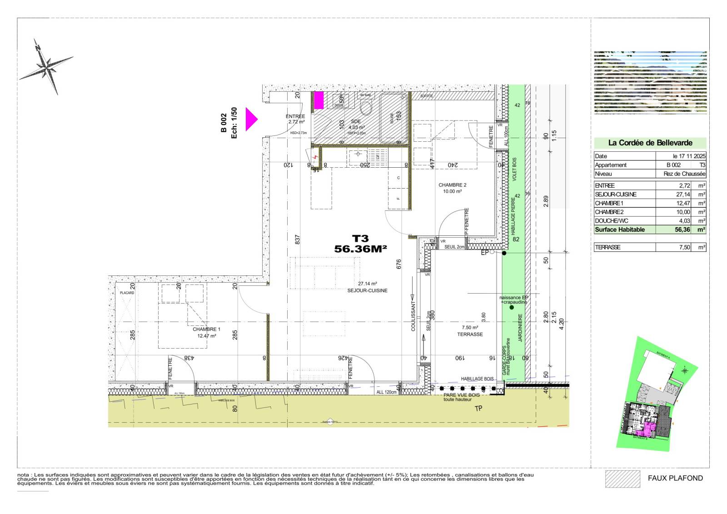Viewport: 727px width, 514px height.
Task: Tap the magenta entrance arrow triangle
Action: [x=250, y=120]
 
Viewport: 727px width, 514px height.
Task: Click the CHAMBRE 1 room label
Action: [x=206, y=329]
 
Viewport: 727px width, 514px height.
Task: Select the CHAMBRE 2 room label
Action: [x=452, y=185]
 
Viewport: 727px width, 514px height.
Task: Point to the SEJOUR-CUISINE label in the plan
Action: [x=367, y=290]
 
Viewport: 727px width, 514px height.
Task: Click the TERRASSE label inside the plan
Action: [x=470, y=334]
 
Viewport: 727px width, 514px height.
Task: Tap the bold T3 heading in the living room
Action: [x=360, y=238]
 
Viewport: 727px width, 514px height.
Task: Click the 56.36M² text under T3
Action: [x=360, y=249]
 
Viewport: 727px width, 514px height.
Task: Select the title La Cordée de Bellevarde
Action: [x=650, y=143]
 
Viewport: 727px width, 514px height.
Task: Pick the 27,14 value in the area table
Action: [x=682, y=194]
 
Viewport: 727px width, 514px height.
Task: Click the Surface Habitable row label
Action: [x=620, y=230]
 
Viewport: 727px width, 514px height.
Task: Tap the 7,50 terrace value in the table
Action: [x=684, y=247]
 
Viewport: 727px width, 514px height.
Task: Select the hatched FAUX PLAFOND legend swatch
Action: [x=622, y=479]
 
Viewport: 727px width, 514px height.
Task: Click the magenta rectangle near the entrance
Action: [x=319, y=100]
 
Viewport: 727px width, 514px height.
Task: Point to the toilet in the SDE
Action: [x=366, y=108]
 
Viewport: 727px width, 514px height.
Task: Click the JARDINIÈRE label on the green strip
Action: [x=520, y=328]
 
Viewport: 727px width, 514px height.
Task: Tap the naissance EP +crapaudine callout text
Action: [x=513, y=300]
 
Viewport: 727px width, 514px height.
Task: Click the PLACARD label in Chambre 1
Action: [x=127, y=293]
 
